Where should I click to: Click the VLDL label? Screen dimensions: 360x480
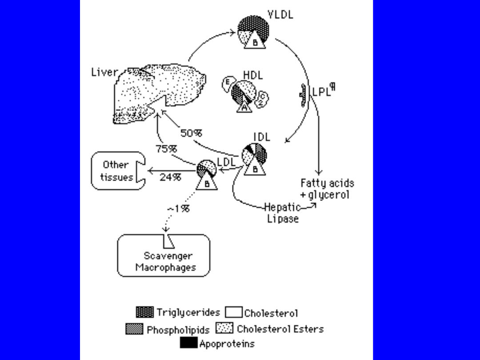280,15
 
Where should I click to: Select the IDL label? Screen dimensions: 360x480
262,137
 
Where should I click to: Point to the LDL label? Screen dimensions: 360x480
226,162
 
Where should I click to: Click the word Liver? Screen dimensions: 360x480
104,72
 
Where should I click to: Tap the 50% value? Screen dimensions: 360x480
191,133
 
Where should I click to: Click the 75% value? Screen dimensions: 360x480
166,149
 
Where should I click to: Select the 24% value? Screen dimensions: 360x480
170,177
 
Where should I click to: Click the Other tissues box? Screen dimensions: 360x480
117,171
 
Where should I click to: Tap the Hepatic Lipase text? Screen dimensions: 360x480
283,213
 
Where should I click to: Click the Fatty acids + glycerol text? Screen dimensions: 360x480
327,189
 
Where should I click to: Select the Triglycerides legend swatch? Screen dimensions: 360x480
145,312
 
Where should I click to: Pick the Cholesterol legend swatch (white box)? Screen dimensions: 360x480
234,312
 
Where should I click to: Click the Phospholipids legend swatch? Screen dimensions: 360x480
135,329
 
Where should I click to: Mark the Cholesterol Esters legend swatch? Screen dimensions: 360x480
224,329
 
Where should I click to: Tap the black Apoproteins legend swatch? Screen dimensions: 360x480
189,344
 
